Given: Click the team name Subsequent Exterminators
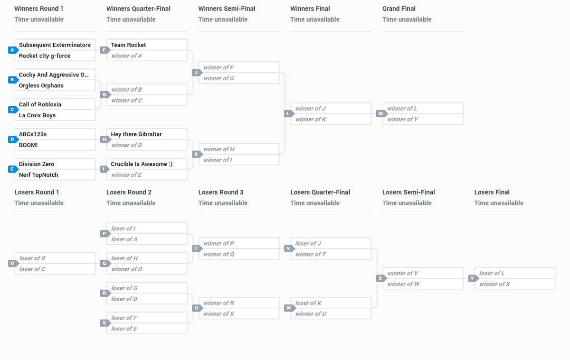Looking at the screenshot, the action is tap(55, 45).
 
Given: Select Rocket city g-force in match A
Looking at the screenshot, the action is tap(45, 56).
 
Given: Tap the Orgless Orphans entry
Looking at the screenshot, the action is tap(41, 85).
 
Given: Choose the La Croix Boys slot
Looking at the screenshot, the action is tap(37, 115).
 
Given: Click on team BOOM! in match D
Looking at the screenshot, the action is tap(28, 145).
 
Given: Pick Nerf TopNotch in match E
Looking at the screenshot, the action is tap(38, 175).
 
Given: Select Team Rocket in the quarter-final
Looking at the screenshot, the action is tap(128, 45).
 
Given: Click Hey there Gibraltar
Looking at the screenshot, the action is tap(136, 134).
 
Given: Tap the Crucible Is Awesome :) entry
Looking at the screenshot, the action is tap(142, 164).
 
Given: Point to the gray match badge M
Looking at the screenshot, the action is tap(380, 114).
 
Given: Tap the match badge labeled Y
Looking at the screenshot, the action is tap(472, 278).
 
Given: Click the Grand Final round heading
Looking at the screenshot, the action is tap(399, 9).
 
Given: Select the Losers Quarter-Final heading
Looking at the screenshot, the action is tap(320, 192).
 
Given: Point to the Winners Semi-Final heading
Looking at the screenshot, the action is tap(227, 9).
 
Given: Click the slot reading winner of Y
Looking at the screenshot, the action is tap(403, 119).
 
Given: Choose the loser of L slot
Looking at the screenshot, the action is tap(492, 273).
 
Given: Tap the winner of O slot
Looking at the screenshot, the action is tap(127, 269).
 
